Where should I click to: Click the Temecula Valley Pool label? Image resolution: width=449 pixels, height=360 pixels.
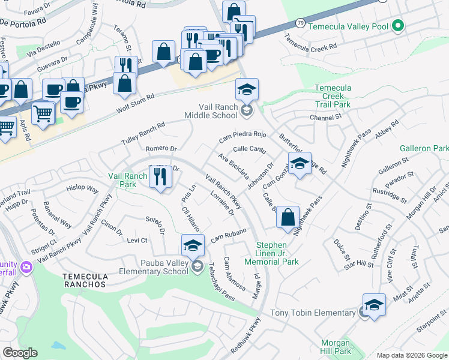click(x=348, y=26)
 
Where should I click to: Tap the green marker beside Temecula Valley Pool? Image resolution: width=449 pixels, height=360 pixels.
click(x=397, y=26)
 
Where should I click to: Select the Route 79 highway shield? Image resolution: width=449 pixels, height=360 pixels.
click(x=300, y=23)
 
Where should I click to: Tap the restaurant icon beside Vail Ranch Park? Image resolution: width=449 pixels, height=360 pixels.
click(x=160, y=177)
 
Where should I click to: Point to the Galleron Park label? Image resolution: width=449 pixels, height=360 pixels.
click(x=423, y=148)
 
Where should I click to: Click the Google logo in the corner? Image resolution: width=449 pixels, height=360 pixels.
click(x=20, y=353)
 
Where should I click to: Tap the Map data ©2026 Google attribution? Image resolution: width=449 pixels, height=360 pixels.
click(x=412, y=355)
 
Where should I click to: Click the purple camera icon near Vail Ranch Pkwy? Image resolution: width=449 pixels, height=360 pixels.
click(x=26, y=266)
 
